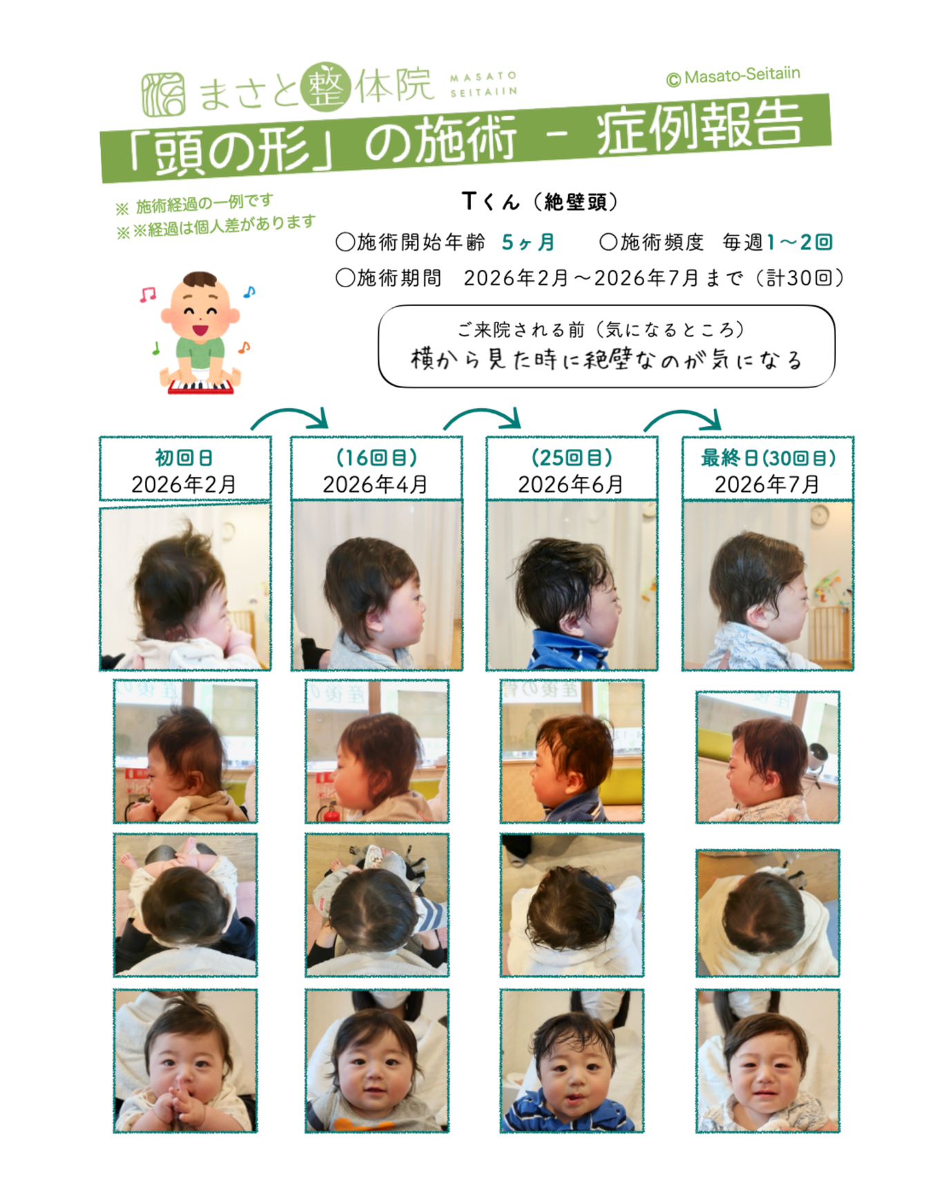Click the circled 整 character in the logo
point(326,87)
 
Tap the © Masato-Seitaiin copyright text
point(733,76)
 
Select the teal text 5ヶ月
point(528,242)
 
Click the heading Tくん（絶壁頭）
point(541,202)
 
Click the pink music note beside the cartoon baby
point(148,295)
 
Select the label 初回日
point(184,457)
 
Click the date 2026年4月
point(375,484)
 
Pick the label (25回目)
point(572,457)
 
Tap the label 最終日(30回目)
point(768,457)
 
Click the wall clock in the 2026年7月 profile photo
point(819,514)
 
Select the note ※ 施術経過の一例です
point(195,204)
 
